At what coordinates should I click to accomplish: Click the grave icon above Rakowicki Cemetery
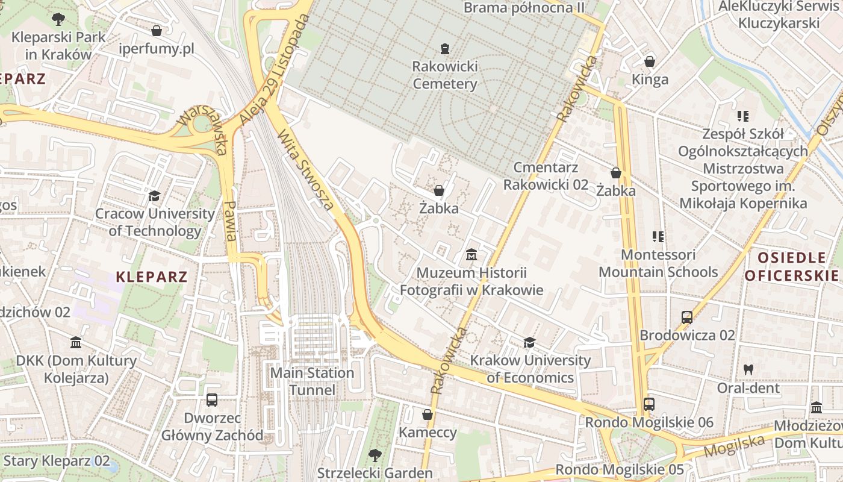tap(445, 48)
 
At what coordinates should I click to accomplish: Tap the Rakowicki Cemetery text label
tap(445, 75)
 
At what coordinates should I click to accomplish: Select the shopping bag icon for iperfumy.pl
tap(157, 31)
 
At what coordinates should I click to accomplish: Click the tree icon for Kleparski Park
tap(58, 19)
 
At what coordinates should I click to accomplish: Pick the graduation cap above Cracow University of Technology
tap(155, 196)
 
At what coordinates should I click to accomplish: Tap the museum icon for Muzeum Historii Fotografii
tap(471, 255)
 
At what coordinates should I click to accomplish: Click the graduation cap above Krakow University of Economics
tap(529, 343)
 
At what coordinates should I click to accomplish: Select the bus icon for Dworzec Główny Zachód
tap(212, 400)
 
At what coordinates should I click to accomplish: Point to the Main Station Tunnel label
tap(312, 381)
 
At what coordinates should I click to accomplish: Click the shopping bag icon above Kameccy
tap(428, 415)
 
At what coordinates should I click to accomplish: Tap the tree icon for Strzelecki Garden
tap(375, 455)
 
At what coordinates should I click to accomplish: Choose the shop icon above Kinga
tap(650, 61)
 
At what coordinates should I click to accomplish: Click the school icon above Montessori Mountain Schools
tap(658, 237)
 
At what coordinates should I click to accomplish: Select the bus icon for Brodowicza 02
tap(687, 318)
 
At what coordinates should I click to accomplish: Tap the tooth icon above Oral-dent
tap(748, 369)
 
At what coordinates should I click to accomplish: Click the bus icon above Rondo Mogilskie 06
tap(649, 404)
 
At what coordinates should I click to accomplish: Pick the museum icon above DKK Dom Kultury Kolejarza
tap(76, 343)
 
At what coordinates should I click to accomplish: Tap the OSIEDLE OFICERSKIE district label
tap(792, 267)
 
